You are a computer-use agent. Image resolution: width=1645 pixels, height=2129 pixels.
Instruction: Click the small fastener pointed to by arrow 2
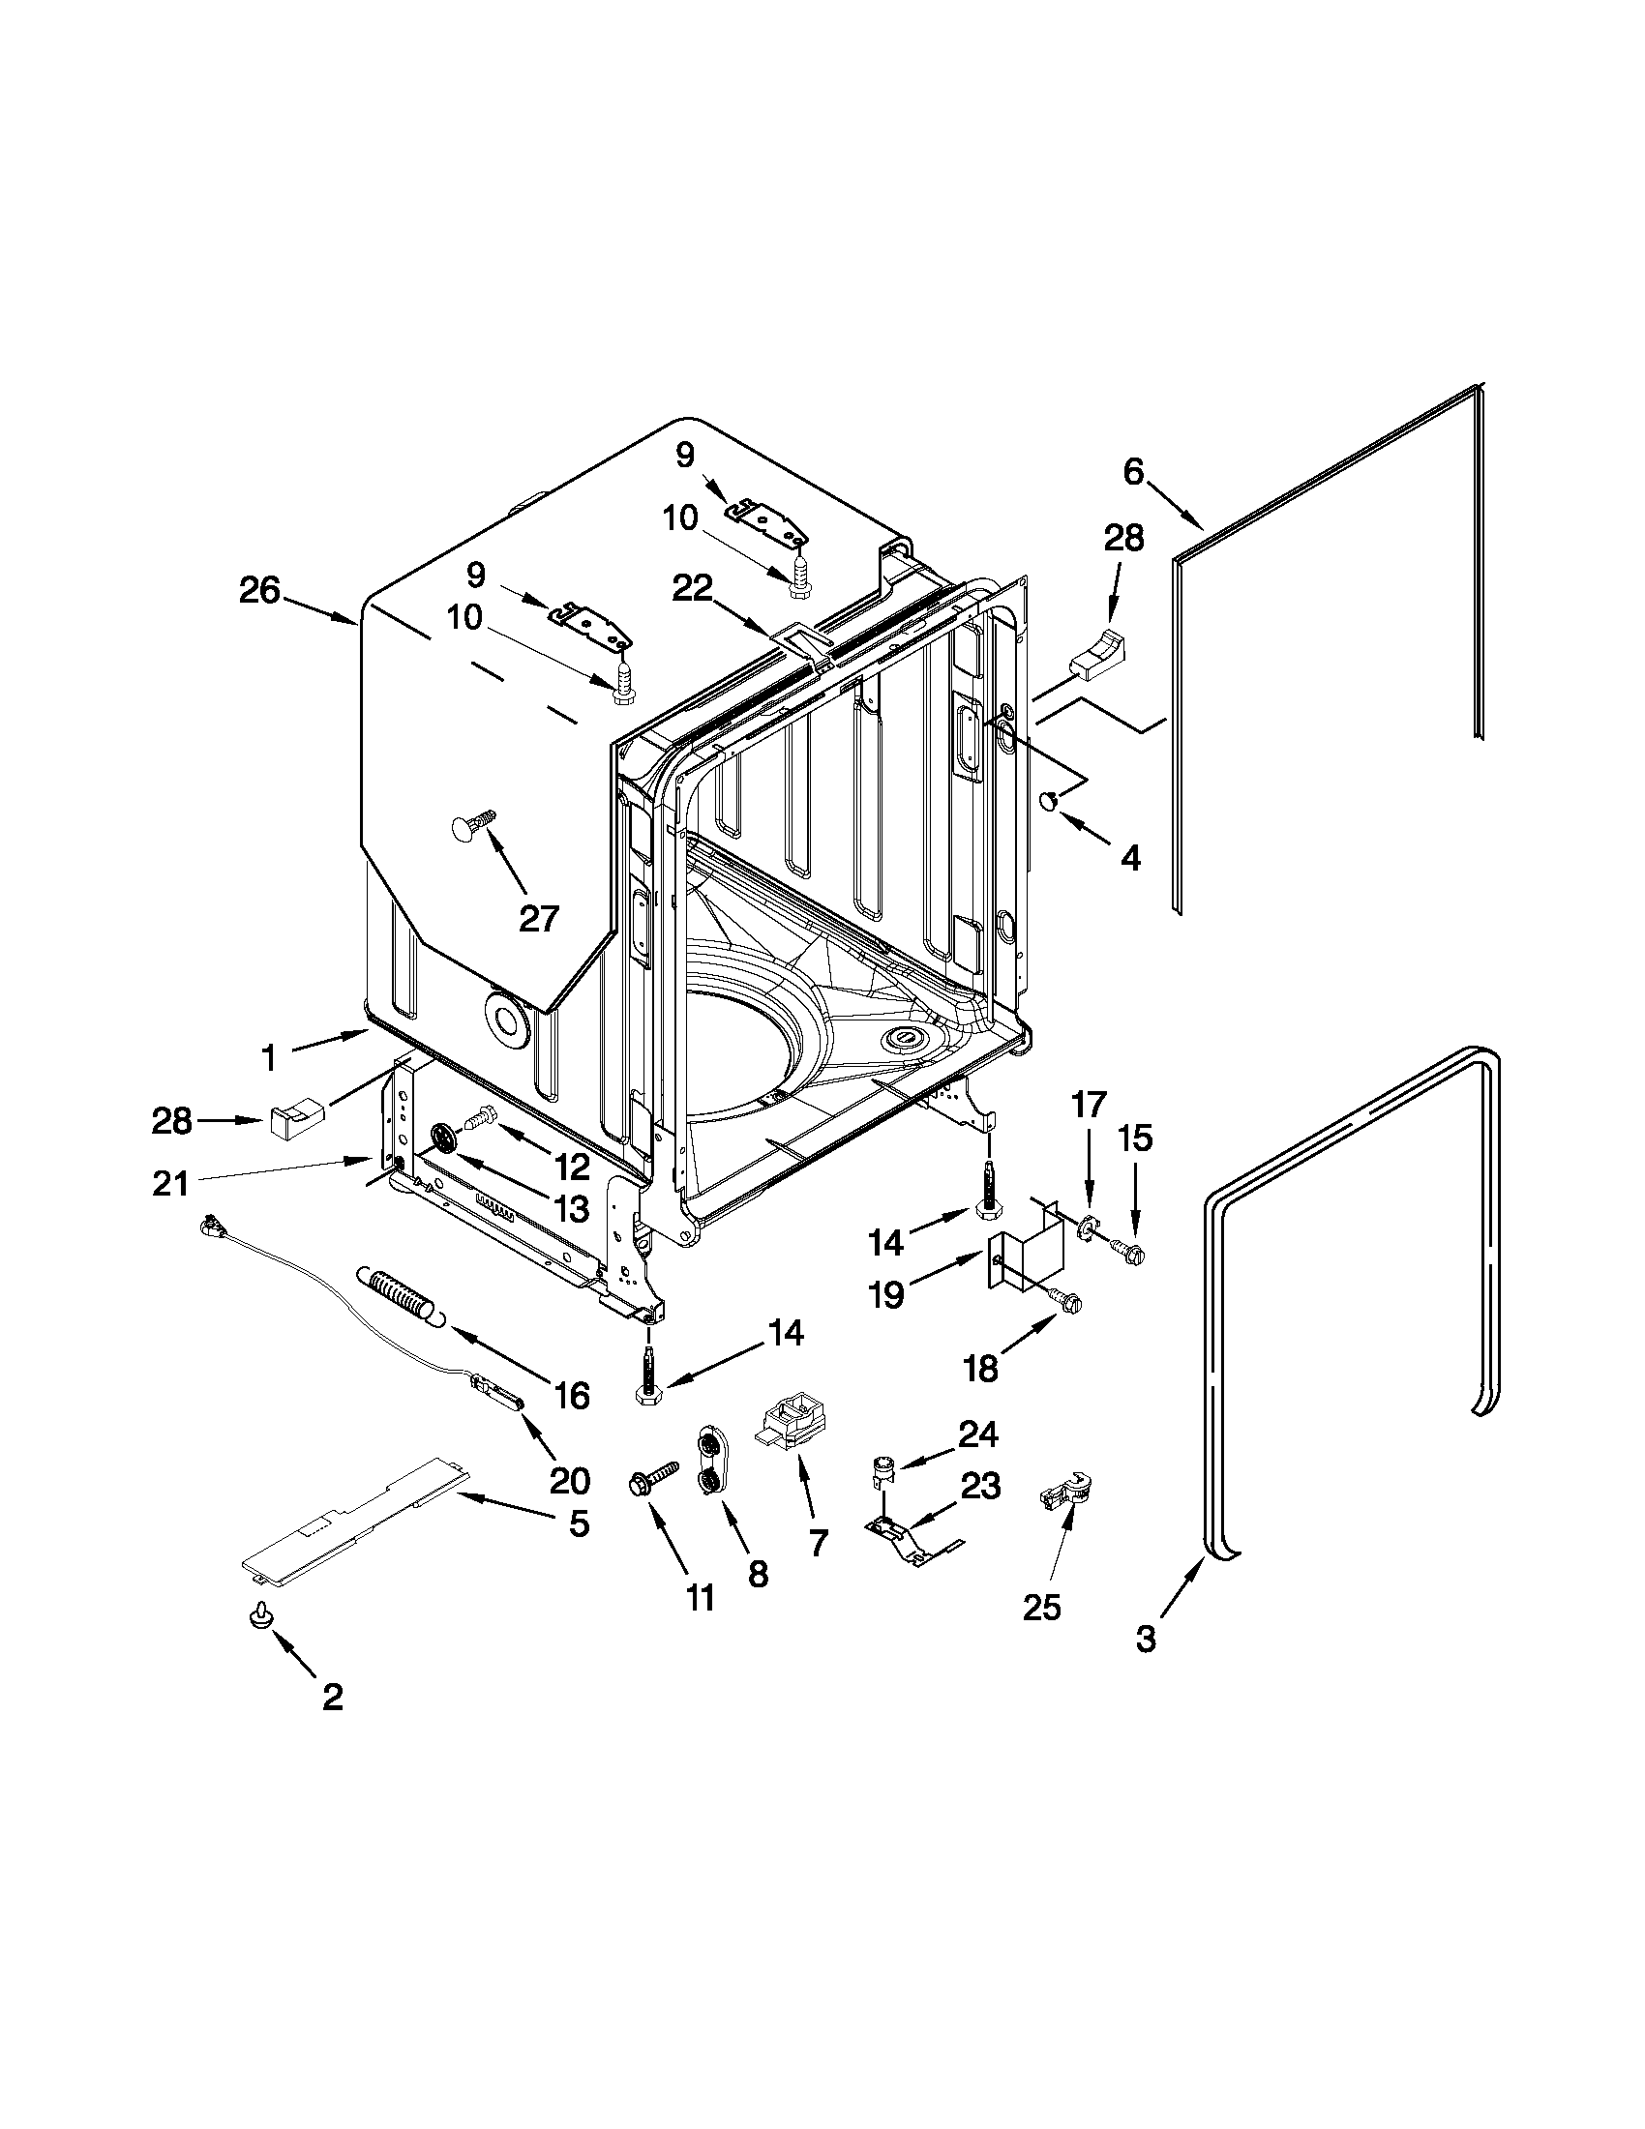click(x=259, y=1617)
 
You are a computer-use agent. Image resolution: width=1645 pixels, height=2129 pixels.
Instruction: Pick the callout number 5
click(x=580, y=1523)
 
